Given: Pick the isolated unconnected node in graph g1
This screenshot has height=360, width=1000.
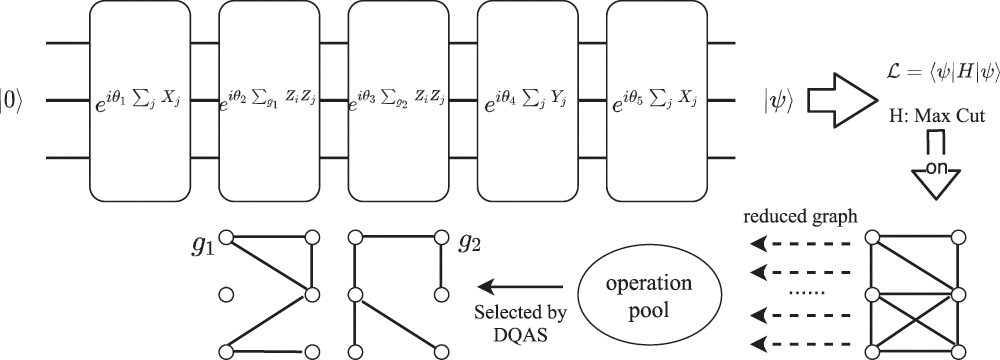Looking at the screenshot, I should tap(226, 295).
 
